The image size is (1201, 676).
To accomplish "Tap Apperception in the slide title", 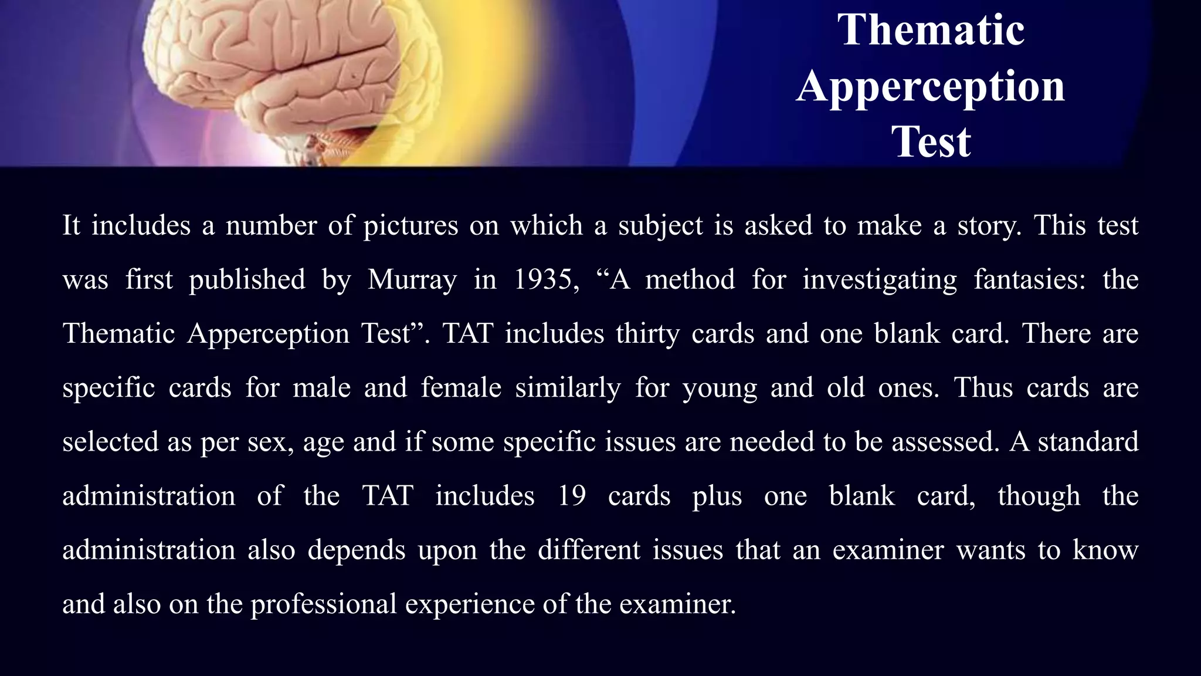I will (931, 86).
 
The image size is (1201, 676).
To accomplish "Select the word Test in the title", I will (931, 141).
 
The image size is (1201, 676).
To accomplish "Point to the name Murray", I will (412, 279).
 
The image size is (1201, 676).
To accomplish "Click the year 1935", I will (543, 279).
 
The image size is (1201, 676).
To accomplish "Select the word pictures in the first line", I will (410, 226).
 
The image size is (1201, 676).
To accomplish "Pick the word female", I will (461, 388).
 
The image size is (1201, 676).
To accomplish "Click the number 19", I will (572, 496).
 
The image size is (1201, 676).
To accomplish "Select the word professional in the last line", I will (324, 604).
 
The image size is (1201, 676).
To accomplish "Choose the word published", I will (247, 279).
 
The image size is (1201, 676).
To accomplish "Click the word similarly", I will (568, 388).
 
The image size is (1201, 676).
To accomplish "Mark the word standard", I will (1088, 442).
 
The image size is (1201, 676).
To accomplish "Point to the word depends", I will (357, 550).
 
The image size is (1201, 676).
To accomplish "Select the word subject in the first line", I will (660, 226).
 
